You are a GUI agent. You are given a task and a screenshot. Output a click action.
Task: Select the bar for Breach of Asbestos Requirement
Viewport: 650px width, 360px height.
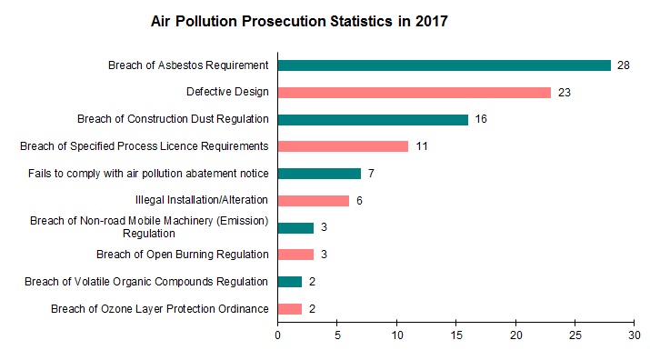coord(444,65)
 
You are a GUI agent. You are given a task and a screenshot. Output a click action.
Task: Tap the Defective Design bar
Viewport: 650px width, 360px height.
coord(414,92)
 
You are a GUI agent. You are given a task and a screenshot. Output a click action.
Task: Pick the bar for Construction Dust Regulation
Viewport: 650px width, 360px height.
coord(373,119)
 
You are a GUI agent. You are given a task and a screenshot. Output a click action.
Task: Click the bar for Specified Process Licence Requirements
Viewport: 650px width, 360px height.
coord(343,146)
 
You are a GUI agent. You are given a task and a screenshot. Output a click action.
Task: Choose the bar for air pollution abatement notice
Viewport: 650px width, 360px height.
coord(319,174)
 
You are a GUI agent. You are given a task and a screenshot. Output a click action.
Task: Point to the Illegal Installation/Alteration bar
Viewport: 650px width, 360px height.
coord(313,200)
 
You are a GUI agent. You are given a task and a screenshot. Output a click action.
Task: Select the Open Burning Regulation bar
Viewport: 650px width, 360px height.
coord(295,255)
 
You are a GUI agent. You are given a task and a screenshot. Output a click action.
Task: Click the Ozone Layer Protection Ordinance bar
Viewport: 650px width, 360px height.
coord(289,309)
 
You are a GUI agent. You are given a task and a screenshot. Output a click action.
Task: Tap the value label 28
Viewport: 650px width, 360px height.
coord(624,65)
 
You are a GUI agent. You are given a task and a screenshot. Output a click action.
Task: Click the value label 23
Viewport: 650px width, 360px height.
coord(564,93)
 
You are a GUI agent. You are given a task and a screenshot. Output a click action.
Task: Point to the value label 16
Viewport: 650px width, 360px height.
coord(481,120)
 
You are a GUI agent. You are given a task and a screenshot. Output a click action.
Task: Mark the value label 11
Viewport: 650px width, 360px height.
coord(421,146)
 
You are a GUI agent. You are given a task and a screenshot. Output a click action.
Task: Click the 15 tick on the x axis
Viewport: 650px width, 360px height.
coord(456,335)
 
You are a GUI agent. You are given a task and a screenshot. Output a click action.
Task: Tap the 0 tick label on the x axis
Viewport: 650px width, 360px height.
coord(277,335)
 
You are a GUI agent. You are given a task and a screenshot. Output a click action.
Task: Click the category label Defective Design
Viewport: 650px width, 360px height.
coord(227,92)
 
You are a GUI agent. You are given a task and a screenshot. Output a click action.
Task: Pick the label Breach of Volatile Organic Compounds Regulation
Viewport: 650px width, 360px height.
coord(146,282)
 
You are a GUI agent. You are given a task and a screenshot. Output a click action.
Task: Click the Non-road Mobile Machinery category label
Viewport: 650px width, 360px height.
coord(150,226)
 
